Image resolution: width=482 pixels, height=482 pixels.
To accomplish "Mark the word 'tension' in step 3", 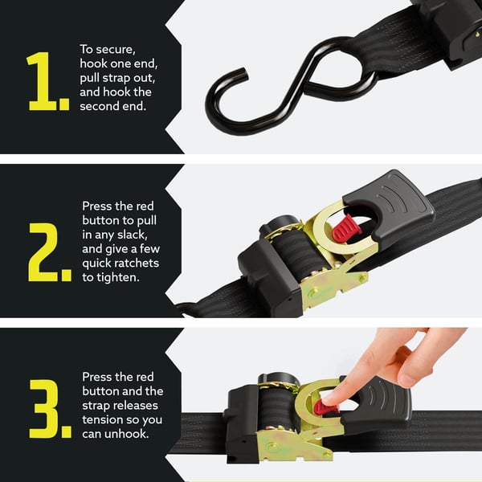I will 102,419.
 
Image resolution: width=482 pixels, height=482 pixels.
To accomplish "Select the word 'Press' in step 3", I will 96,376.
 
